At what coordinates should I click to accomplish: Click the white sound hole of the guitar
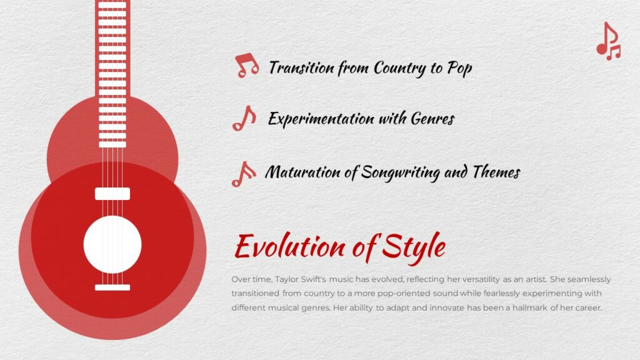112,244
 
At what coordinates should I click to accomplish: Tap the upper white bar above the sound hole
112,193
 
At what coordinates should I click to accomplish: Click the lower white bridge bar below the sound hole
112,287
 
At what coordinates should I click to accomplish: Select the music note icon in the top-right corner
608,42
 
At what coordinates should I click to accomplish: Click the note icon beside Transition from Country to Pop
246,66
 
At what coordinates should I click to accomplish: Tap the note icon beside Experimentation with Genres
244,118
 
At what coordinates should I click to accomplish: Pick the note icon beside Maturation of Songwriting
243,174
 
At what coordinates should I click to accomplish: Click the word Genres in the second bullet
432,118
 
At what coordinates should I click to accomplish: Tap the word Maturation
303,172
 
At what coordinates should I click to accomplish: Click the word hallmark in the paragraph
536,308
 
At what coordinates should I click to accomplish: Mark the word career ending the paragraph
587,308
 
